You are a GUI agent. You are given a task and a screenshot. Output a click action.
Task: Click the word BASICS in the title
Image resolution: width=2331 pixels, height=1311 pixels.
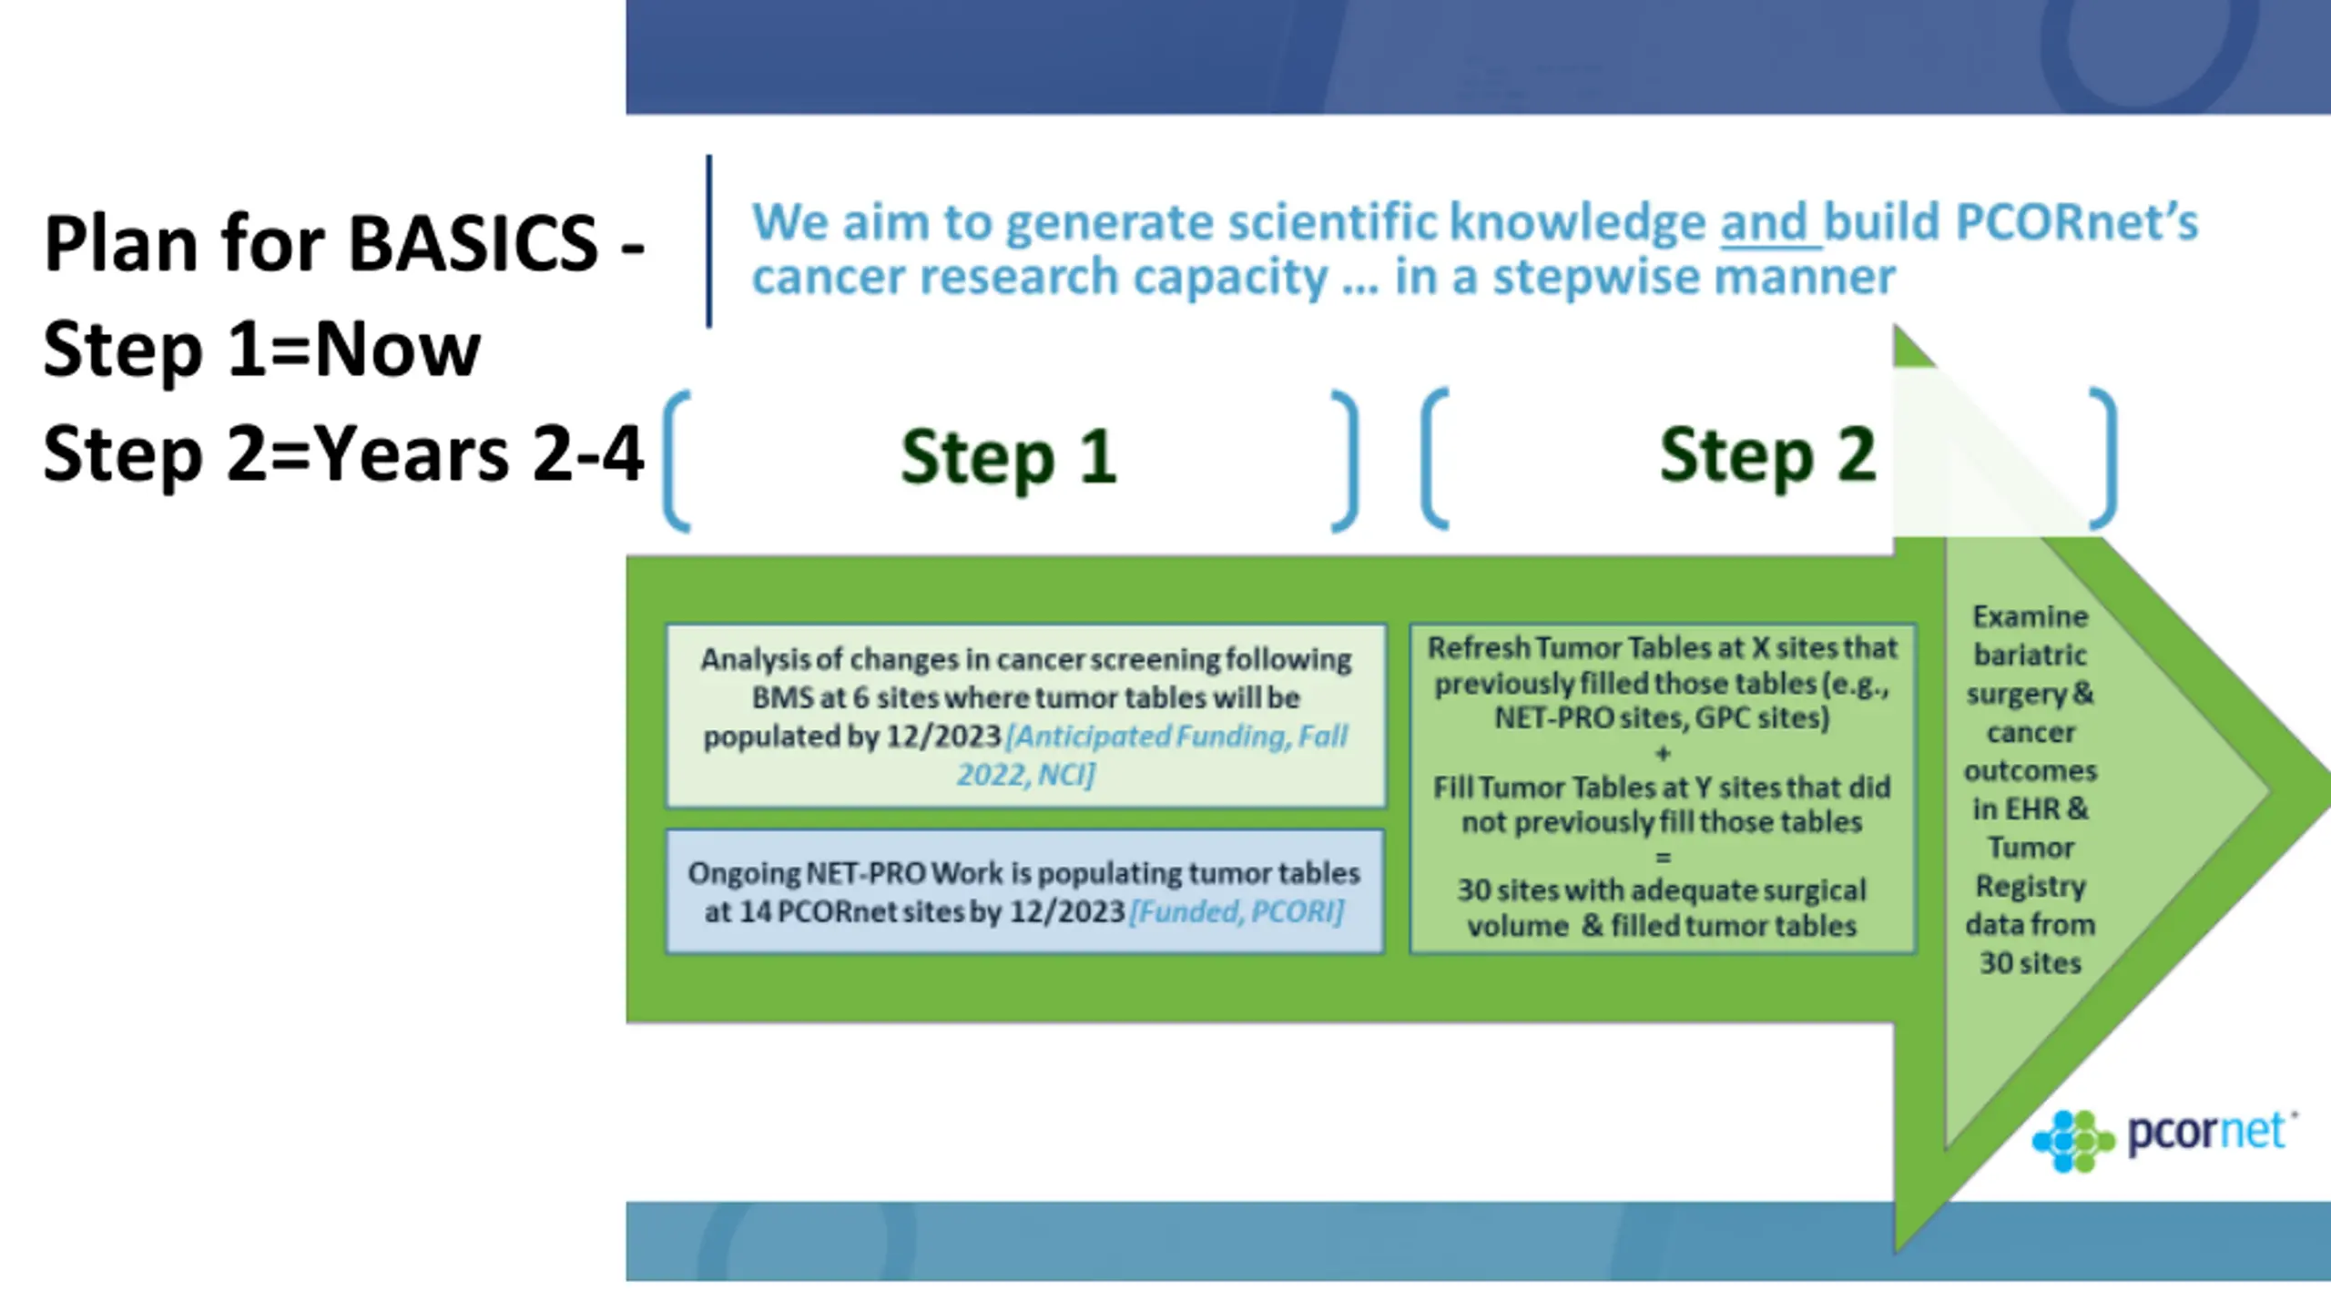[x=473, y=243]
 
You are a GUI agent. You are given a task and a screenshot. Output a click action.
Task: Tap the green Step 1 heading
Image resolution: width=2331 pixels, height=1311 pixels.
[x=1009, y=457]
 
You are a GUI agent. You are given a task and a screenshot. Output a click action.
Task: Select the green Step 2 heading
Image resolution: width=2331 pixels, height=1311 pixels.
[x=1767, y=455]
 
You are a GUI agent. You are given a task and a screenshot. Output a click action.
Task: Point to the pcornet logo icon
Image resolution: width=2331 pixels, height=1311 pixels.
[x=2073, y=1141]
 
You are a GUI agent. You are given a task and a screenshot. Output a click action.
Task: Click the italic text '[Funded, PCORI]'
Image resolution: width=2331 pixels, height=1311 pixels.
[x=1237, y=911]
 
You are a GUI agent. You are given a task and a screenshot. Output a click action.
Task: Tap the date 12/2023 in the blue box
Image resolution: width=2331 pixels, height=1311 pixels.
[x=1068, y=911]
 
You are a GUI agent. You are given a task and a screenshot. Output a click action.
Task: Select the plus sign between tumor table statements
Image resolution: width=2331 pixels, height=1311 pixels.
[x=1663, y=753]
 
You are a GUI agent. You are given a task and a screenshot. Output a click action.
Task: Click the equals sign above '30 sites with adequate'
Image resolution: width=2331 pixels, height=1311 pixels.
[x=1663, y=857]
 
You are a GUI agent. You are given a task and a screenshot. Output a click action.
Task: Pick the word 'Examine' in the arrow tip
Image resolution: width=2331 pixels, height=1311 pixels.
[x=2031, y=617]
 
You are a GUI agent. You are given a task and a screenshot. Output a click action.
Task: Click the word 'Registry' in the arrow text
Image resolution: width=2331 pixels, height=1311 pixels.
[x=2031, y=887]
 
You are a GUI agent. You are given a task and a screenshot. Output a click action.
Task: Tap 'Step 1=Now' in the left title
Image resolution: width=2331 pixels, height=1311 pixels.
[x=261, y=349]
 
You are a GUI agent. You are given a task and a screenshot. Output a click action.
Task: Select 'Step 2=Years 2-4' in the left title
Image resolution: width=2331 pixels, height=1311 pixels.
[x=343, y=453]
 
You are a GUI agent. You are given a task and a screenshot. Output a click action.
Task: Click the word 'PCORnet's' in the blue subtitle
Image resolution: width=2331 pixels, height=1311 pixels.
[x=2077, y=222]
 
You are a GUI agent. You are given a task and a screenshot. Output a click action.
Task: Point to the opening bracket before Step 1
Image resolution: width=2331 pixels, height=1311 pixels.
[x=677, y=461]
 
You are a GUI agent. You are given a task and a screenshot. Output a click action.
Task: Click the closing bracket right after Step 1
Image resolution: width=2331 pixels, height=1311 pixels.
[x=1345, y=461]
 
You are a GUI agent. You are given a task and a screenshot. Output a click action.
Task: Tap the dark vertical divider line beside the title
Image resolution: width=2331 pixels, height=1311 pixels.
[x=708, y=241]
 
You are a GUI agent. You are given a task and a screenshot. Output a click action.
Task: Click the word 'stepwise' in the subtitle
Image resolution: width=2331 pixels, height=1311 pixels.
[x=1583, y=277]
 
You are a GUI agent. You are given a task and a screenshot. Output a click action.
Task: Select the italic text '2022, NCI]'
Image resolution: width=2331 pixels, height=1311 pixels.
[x=1026, y=775]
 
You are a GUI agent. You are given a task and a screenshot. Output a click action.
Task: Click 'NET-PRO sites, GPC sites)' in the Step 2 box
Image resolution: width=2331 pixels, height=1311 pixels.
[x=1662, y=718]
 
